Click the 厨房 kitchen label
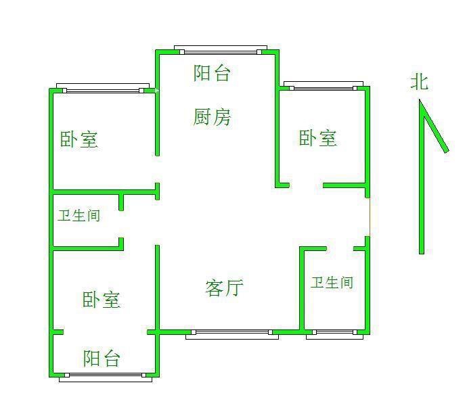click(212, 118)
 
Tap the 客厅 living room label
click(224, 288)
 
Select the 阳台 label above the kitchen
click(212, 73)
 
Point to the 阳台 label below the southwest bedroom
click(102, 358)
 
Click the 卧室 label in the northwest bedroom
click(79, 140)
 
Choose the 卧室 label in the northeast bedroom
click(318, 138)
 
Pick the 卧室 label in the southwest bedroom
click(102, 300)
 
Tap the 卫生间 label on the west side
click(79, 216)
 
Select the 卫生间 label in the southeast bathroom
click(332, 282)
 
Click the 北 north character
click(420, 83)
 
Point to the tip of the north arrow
click(420, 101)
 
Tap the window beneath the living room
click(231, 333)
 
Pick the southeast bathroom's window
click(334, 333)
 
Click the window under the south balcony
click(102, 377)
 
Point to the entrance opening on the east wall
click(369, 216)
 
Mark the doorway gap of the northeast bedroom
click(306, 185)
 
